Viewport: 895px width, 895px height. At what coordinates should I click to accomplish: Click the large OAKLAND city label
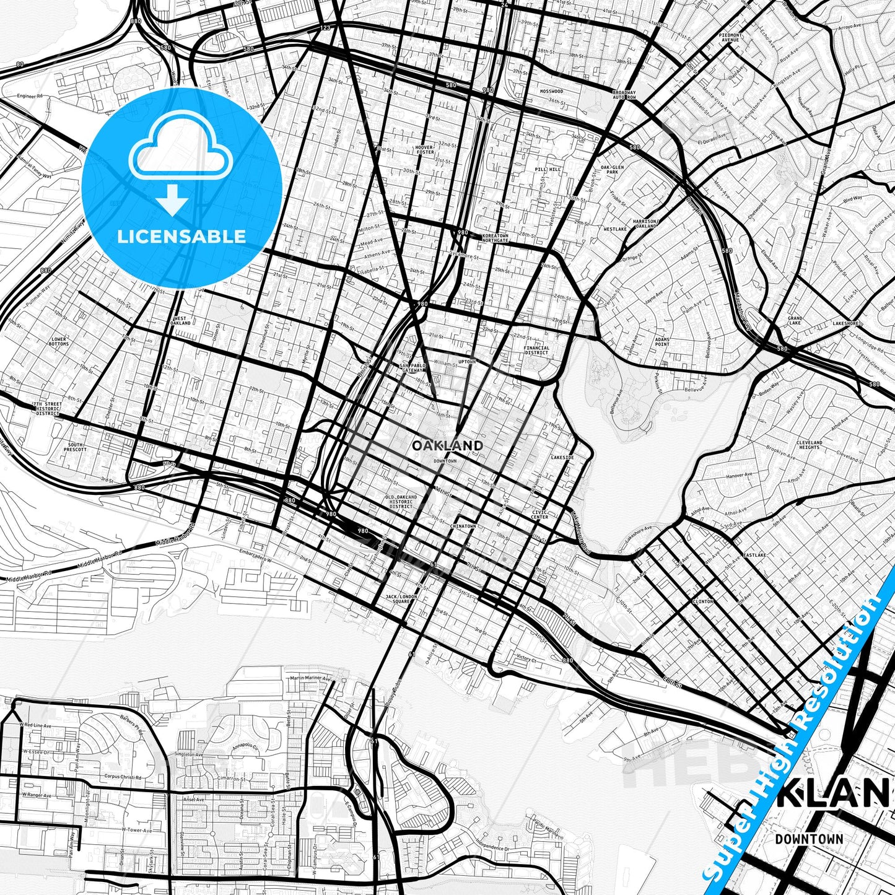pyautogui.click(x=447, y=445)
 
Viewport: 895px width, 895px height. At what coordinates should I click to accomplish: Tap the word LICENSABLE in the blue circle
pyautogui.click(x=182, y=237)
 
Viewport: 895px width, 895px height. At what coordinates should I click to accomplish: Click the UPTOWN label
pyautogui.click(x=466, y=362)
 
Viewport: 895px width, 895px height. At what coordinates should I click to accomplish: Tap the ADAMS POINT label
pyautogui.click(x=662, y=341)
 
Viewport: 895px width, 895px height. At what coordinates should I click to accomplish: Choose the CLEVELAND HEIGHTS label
pyautogui.click(x=809, y=445)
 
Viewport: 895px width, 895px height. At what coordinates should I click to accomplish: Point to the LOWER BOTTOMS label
pyautogui.click(x=59, y=341)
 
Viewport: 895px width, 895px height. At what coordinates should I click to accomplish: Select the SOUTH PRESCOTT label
pyautogui.click(x=76, y=447)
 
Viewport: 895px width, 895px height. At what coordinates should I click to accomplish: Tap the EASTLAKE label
pyautogui.click(x=756, y=555)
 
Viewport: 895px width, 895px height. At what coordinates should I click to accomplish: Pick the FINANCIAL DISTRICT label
pyautogui.click(x=536, y=351)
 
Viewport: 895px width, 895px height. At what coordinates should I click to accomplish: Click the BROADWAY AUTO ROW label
pyautogui.click(x=624, y=95)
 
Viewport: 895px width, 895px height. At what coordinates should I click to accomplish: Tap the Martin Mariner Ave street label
pyautogui.click(x=310, y=679)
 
